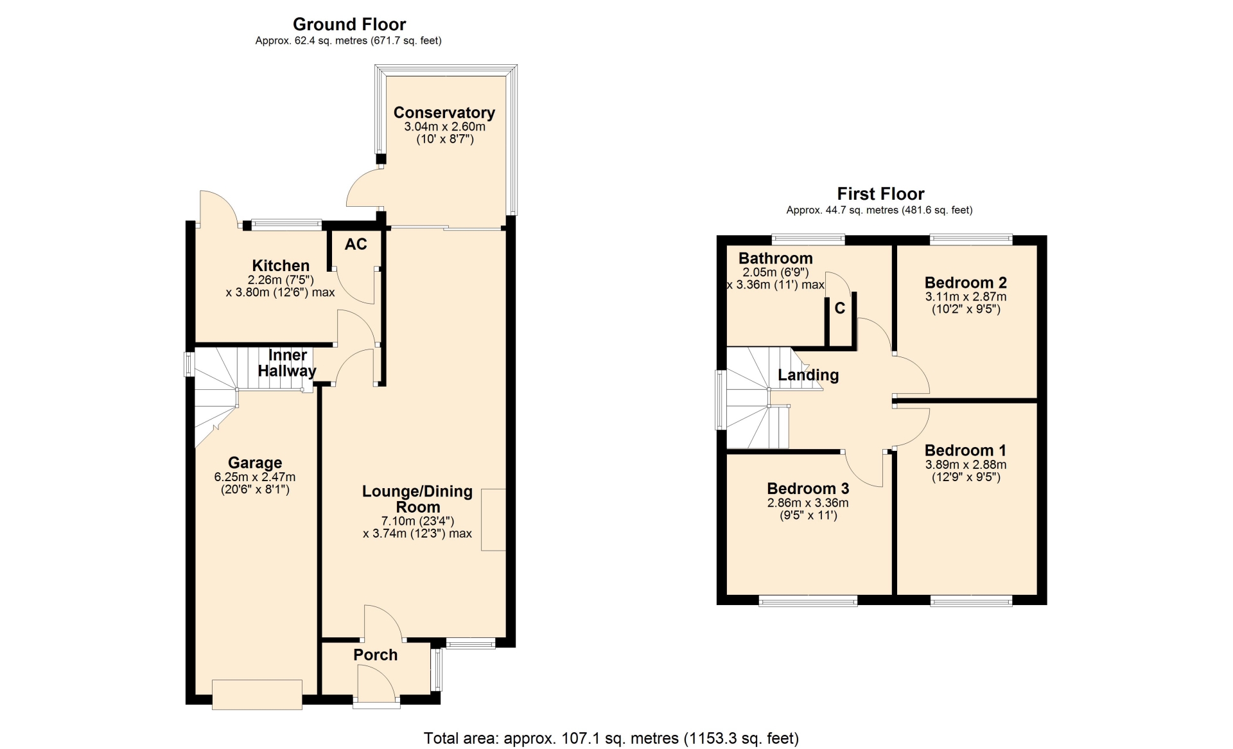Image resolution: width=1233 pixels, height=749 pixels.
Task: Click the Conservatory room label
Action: tap(444, 113)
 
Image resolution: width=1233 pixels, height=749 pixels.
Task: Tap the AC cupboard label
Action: tap(356, 244)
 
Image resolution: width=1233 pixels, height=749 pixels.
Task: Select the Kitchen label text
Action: tap(281, 266)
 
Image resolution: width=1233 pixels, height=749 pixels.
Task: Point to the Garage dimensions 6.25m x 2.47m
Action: tap(255, 477)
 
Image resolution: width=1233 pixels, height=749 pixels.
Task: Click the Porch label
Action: tap(375, 655)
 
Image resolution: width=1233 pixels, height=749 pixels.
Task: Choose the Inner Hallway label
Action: tap(287, 363)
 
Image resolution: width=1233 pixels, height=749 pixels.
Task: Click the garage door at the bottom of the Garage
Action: tap(257, 694)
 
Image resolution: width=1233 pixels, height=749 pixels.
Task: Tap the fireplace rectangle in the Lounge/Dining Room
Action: tap(493, 520)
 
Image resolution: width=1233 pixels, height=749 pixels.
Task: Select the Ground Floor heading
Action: tap(349, 24)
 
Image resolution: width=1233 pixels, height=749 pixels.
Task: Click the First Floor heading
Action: tap(880, 194)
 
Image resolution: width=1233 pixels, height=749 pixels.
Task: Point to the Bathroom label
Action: tap(776, 258)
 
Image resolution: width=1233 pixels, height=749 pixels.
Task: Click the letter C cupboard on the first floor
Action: tap(840, 308)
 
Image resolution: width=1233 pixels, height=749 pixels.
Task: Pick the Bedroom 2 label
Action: tap(966, 283)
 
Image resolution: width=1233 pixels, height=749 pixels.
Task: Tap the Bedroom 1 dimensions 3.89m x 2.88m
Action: tap(966, 465)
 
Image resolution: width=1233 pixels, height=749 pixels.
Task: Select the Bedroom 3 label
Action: tap(808, 489)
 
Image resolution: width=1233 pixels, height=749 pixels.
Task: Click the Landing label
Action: tap(809, 375)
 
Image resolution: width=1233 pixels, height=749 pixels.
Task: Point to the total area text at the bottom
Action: tap(611, 739)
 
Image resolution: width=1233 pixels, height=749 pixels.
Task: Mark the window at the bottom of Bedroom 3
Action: tap(808, 601)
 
